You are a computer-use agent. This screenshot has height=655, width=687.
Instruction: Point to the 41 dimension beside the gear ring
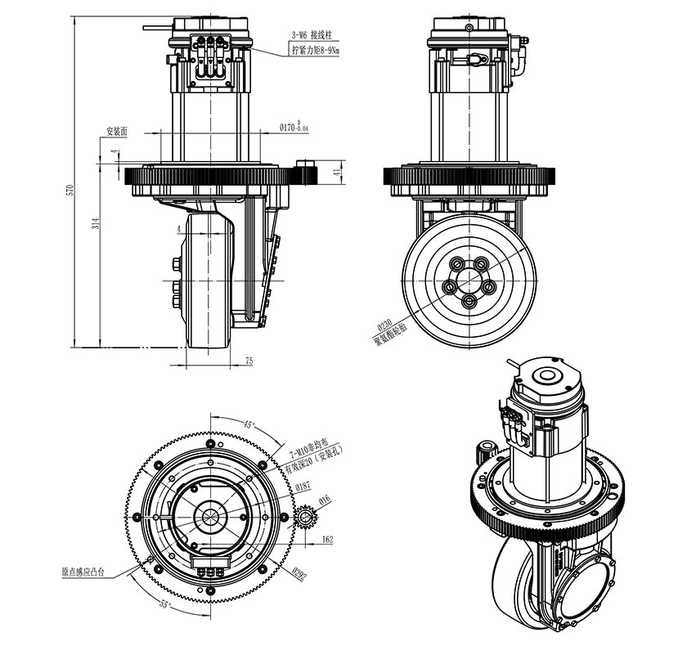(x=336, y=173)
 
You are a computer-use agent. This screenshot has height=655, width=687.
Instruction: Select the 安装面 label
(x=115, y=130)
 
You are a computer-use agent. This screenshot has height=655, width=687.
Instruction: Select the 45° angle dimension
(x=249, y=424)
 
